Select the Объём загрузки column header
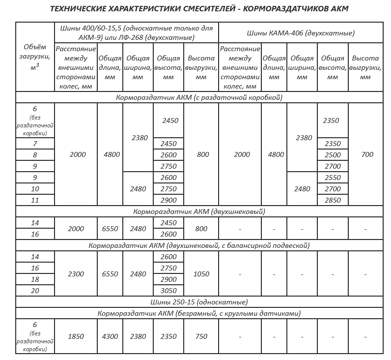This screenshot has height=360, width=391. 35,57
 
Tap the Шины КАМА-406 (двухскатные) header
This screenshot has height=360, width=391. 301,33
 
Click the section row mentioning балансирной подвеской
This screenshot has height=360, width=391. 199,245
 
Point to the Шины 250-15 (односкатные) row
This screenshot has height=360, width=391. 199,302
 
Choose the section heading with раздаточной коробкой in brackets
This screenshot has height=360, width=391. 199,97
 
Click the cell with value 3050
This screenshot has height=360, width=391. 168,291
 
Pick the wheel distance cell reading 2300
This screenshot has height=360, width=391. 77,274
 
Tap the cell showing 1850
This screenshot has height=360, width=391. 77,336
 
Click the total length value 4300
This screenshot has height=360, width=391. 112,336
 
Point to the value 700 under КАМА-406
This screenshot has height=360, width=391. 367,154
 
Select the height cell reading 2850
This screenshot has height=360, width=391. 333,201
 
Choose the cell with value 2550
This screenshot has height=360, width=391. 333,178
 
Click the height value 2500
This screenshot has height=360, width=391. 333,155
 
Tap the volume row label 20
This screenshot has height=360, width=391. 35,291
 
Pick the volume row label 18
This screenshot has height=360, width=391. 35,279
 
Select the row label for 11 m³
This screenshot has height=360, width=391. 35,201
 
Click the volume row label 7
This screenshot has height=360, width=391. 35,144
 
